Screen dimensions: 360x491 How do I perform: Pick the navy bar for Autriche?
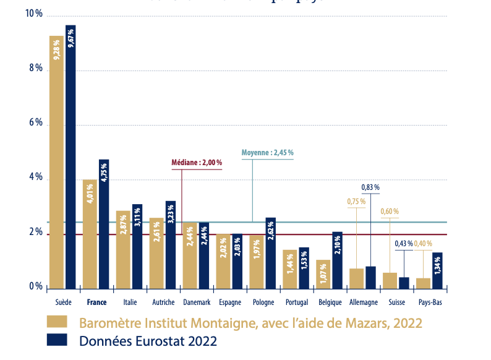170,245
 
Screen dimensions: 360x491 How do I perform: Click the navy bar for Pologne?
270,253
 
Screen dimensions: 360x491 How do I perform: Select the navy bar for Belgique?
337,260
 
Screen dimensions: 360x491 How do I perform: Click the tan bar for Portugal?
289,269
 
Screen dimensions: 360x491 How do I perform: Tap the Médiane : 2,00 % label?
197,163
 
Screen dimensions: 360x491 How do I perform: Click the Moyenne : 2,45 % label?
267,152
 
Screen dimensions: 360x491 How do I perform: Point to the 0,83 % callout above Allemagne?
370,187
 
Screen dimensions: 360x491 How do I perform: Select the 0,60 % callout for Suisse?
390,212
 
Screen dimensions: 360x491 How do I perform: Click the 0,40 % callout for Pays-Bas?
423,244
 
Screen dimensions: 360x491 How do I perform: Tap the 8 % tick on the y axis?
35,69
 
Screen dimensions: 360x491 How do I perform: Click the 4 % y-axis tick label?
35,178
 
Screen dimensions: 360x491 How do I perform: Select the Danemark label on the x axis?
197,303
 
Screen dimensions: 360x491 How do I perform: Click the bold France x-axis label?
96,303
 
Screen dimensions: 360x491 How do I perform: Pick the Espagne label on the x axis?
230,303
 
